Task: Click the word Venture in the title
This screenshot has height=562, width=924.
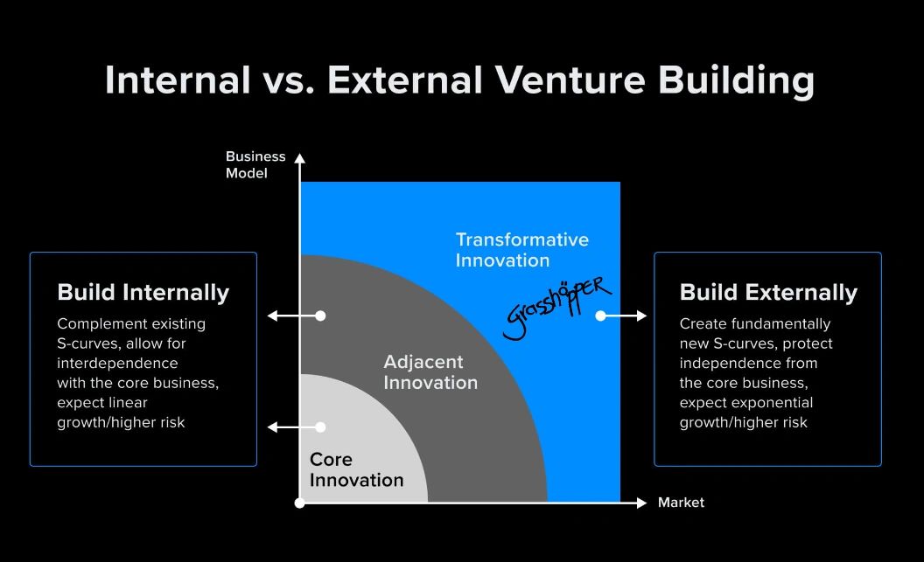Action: (x=570, y=80)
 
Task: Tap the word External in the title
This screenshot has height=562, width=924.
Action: (x=405, y=80)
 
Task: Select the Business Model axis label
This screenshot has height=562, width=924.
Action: (x=255, y=165)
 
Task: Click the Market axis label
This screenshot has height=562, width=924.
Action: (x=681, y=503)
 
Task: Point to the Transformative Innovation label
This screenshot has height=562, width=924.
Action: (x=522, y=250)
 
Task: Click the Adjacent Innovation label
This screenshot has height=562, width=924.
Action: (x=430, y=372)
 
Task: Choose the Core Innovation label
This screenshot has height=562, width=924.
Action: (x=356, y=469)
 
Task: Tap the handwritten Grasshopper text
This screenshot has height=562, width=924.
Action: (x=556, y=307)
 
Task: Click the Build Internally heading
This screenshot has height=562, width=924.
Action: (x=143, y=293)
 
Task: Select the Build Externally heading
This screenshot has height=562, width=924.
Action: (x=768, y=293)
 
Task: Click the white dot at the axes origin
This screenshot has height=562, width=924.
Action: (x=300, y=503)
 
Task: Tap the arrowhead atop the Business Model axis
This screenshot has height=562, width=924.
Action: (x=300, y=158)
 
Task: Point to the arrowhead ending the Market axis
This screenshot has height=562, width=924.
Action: (x=641, y=503)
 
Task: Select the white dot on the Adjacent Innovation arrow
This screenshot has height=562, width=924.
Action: (x=320, y=316)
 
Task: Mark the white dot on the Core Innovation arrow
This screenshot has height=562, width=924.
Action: (x=320, y=427)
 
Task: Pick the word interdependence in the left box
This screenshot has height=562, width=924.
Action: (x=117, y=363)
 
